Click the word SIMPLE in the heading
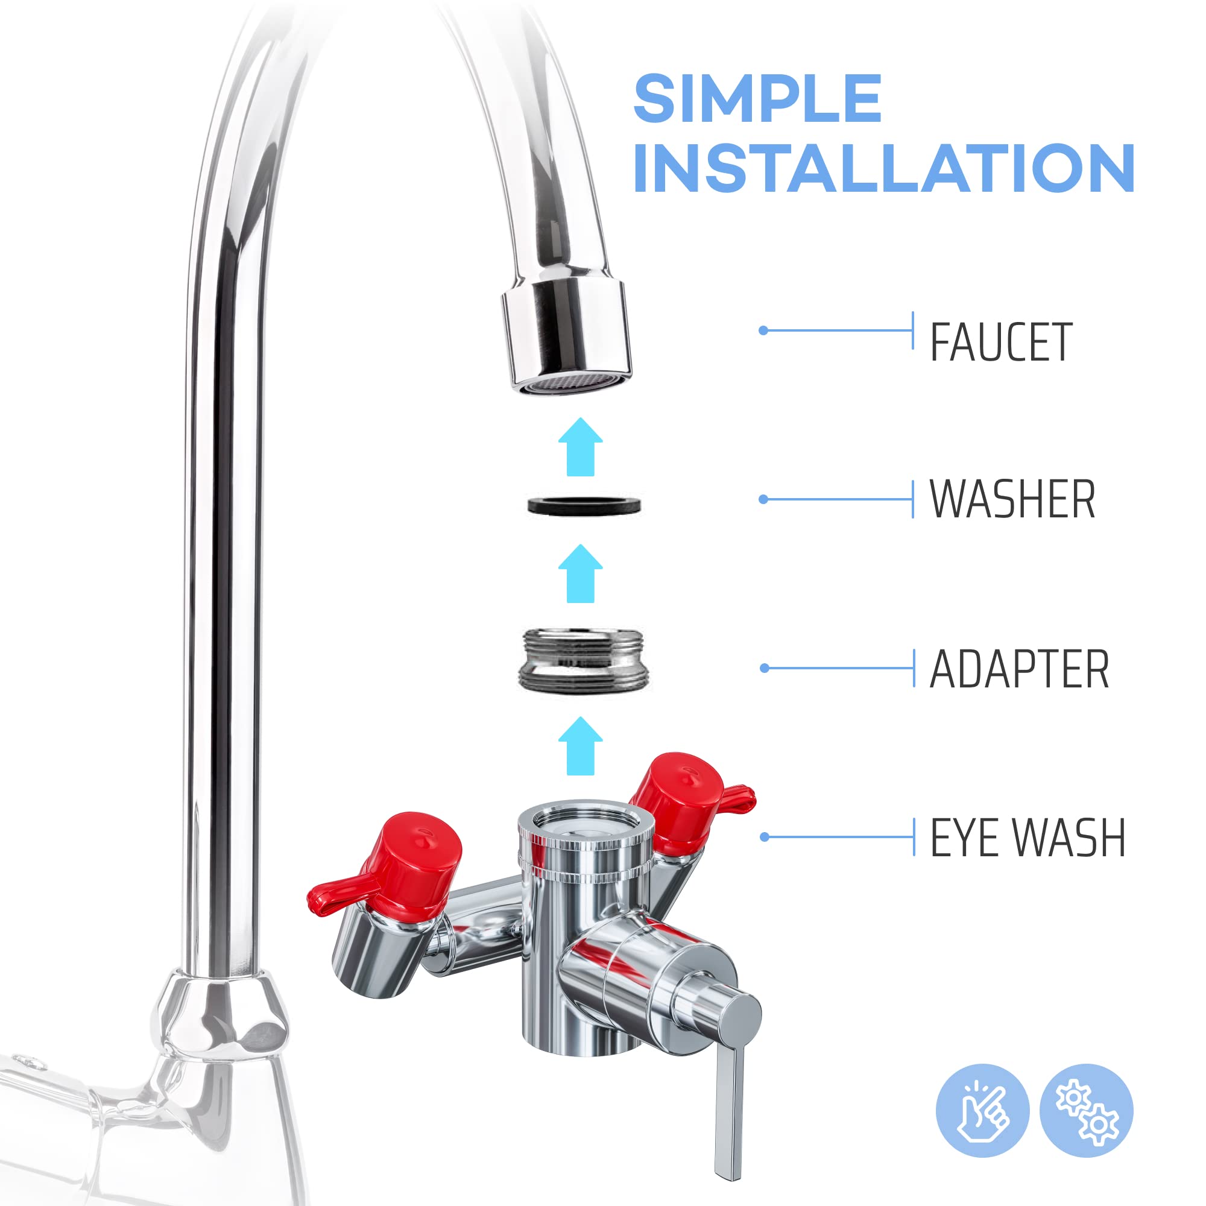coord(757,99)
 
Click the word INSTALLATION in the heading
coord(883,168)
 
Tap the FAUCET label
coord(1000,342)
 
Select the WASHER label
coord(1012,499)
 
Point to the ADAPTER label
coord(1018,669)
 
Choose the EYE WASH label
coord(1028,838)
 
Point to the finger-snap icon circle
coord(982,1111)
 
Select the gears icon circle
coord(1086,1111)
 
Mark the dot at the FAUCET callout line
coord(763,330)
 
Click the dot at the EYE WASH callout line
coord(764,837)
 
